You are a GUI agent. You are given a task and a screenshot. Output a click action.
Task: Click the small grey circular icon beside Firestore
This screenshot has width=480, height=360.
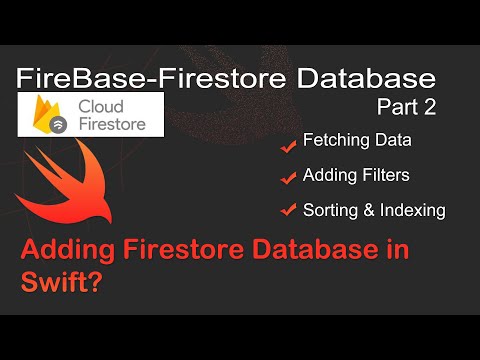coord(85,126)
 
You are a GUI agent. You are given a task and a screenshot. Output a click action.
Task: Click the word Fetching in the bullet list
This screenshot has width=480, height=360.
coord(333,142)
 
